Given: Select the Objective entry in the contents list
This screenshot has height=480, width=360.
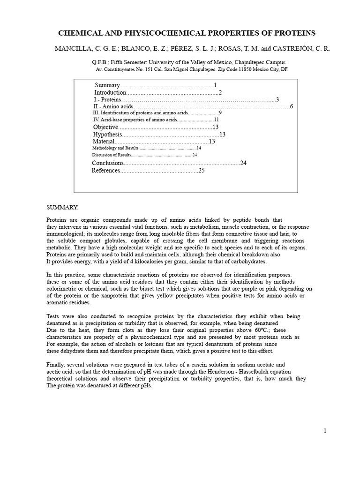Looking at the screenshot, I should tap(105, 127).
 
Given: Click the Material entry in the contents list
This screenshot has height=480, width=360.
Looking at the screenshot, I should tap(103, 142).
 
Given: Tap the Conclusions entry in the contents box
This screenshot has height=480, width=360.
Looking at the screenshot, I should tap(108, 163).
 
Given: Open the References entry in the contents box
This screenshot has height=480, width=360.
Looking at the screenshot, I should tap(106, 171).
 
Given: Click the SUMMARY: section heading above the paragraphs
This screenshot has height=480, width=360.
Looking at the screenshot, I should tap(63, 207).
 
